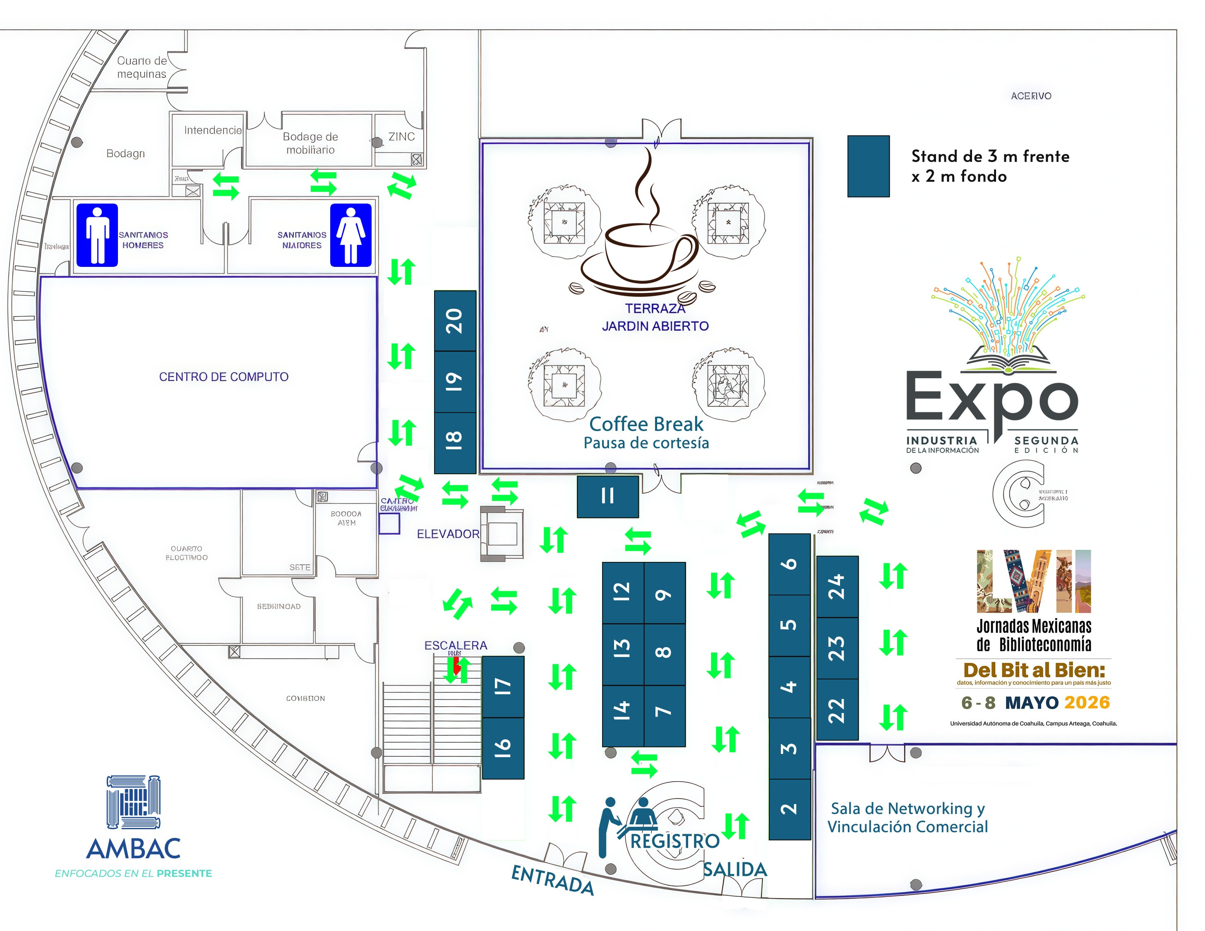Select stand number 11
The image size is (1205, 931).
point(607,497)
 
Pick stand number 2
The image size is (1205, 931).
point(789,809)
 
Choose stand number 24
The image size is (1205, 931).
point(837,587)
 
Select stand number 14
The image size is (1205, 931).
point(622,710)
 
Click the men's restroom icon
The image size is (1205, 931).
point(97,235)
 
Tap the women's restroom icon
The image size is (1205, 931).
point(351,235)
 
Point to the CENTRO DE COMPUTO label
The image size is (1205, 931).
point(223,377)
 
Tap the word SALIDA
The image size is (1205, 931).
point(735,870)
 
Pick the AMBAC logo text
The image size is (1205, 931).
point(134,848)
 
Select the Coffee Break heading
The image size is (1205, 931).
point(646,424)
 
